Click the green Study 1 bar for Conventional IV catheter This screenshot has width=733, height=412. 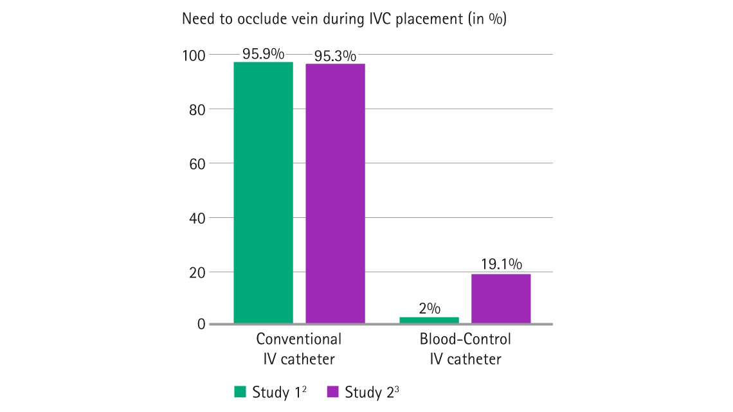point(263,192)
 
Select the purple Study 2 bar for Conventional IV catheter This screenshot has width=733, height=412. point(335,193)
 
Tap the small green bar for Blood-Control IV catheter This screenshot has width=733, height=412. point(429,319)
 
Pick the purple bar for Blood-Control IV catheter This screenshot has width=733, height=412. point(501,298)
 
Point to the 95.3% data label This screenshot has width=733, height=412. point(335,56)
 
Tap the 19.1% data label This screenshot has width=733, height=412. point(502,264)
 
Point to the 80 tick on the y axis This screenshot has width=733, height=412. point(197,109)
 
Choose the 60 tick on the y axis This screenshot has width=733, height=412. point(197,163)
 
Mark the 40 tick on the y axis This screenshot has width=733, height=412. point(197,218)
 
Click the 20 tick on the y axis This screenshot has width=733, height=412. point(197,272)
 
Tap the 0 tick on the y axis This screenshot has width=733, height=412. point(201,325)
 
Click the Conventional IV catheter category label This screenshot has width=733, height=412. point(299,348)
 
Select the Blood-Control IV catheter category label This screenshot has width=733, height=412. point(466,348)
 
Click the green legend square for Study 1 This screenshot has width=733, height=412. point(240,391)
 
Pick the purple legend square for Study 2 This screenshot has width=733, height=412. point(332,391)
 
